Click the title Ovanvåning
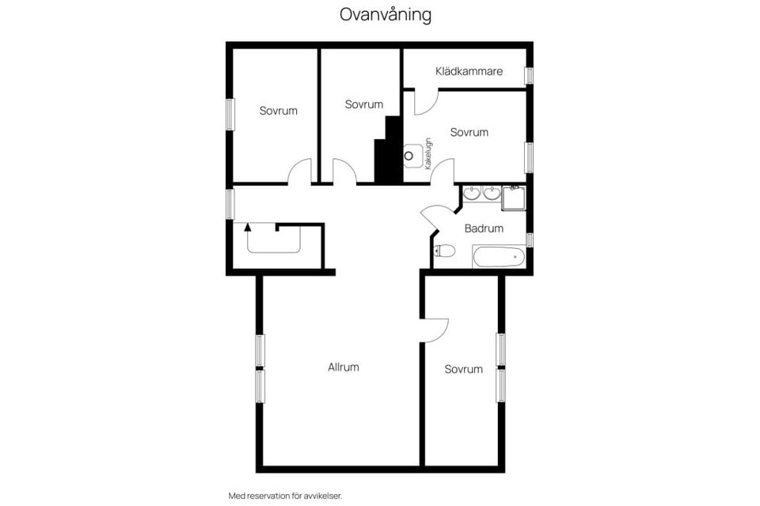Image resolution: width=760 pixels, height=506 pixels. point(386,15)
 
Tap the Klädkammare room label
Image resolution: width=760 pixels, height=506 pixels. point(469,71)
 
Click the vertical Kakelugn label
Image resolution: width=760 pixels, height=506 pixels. point(428,153)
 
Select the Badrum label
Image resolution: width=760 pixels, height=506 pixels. point(484,228)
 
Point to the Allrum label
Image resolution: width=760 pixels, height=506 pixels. point(344,367)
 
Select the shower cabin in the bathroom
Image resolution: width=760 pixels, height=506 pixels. point(513,198)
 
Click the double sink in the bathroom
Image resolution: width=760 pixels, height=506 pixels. point(481,194)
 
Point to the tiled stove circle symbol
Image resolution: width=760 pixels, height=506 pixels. point(410,156)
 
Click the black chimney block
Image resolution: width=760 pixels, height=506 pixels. point(389,154)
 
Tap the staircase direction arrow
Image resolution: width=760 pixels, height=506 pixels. point(248,227)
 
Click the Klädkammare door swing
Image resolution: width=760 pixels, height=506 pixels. point(427,102)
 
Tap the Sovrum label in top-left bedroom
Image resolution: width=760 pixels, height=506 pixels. point(279,111)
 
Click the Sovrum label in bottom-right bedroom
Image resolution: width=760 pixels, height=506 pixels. point(463,369)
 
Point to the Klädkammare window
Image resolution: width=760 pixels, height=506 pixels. point(529,75)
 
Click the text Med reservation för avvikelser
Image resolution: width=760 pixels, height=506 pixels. point(285,496)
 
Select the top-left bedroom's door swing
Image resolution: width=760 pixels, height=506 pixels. point(299,172)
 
